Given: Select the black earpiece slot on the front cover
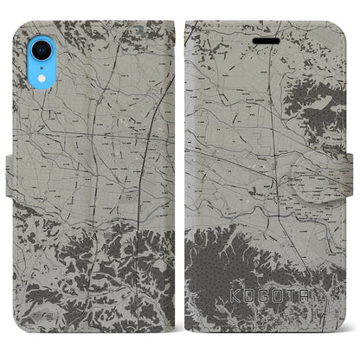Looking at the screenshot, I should click(264, 39).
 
